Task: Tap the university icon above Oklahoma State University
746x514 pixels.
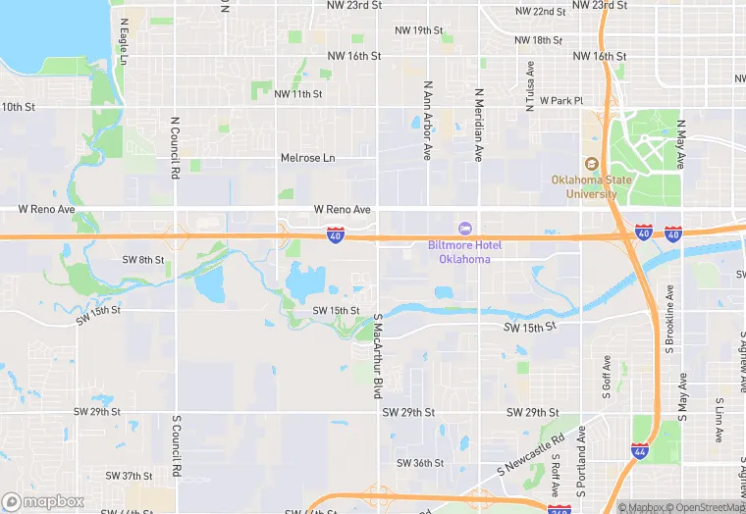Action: point(591,164)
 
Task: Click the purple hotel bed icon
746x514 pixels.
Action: point(465,229)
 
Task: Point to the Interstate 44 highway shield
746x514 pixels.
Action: point(640,452)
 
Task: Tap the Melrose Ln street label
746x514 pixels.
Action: point(307,158)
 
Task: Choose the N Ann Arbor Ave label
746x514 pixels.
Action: point(427,121)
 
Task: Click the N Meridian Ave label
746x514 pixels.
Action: point(479,125)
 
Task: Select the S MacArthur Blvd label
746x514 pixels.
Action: point(376,355)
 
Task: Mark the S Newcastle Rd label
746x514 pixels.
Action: point(531,450)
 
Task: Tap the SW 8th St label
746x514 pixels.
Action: point(142,260)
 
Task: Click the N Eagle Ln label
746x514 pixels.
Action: point(123,41)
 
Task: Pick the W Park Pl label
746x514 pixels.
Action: point(560,101)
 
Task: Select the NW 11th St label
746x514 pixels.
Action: point(298,94)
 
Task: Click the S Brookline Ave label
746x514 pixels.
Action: point(669,319)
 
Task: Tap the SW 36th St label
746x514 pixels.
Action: point(420,463)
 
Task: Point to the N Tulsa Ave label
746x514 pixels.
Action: point(530,86)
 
